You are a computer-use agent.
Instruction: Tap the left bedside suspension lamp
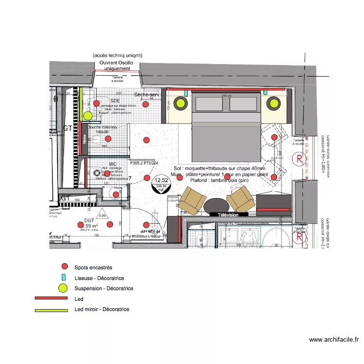(181, 103)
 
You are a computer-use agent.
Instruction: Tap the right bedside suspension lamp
(272, 103)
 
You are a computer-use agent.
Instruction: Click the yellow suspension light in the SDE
(87, 116)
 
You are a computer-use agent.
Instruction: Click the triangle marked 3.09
(102, 214)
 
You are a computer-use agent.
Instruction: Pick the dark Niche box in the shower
(84, 139)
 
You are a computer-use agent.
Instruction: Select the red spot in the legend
(64, 266)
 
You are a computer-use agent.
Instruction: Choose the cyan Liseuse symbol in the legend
(64, 278)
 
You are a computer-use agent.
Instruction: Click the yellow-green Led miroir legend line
(51, 310)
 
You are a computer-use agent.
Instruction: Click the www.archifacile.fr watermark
(333, 340)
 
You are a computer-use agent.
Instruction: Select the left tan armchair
(191, 200)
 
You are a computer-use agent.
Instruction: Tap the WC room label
(113, 164)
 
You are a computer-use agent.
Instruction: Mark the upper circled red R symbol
(300, 158)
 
